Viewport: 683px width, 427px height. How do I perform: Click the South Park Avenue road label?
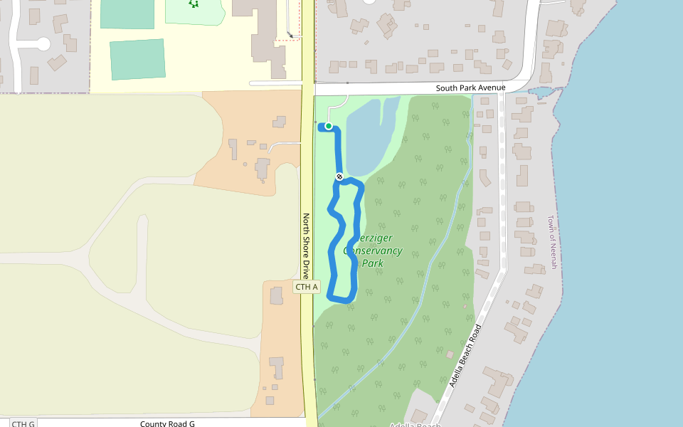tap(470, 88)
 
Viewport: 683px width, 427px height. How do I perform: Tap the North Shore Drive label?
tap(307, 246)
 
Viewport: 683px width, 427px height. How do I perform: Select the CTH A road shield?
tap(307, 287)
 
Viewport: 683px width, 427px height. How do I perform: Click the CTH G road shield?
tap(23, 424)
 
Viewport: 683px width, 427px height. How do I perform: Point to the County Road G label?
tap(167, 423)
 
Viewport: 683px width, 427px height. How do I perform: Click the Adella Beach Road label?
tap(465, 355)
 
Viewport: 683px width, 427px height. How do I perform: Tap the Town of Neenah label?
tap(551, 242)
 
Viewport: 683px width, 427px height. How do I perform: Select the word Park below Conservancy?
tap(373, 263)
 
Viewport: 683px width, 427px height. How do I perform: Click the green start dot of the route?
tap(329, 126)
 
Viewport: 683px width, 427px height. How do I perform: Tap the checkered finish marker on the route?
tap(340, 176)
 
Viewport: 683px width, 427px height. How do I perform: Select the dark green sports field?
tap(137, 58)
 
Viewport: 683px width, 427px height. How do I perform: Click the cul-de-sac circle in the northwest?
tap(43, 44)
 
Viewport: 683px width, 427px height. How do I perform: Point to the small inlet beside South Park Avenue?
tap(541, 93)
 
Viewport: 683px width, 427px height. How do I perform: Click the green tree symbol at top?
tap(194, 4)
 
